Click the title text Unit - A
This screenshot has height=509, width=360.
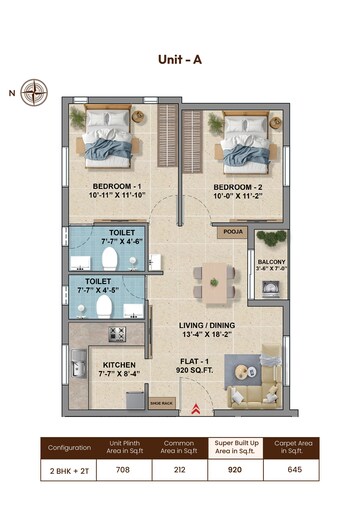(x=180, y=59)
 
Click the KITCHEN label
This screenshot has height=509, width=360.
(x=112, y=365)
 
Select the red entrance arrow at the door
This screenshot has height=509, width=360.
(x=197, y=407)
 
